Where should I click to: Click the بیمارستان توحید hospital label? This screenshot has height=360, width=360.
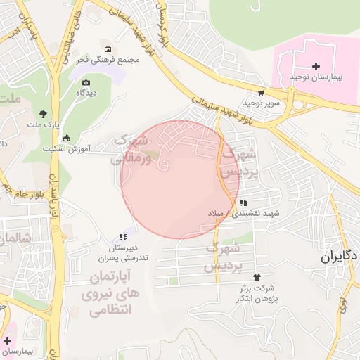point(316,77)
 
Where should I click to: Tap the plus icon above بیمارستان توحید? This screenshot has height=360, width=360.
point(316,65)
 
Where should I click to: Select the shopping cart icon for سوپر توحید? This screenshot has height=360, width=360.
point(261,92)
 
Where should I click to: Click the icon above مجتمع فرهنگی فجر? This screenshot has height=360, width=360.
point(108,49)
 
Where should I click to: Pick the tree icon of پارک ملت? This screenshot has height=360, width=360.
point(44,114)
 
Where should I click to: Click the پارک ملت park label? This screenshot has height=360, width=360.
point(40,125)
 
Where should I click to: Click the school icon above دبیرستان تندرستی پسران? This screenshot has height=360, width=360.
point(123,238)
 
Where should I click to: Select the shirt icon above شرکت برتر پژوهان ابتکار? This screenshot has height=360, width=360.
point(256,278)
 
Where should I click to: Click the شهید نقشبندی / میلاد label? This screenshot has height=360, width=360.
point(243,212)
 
